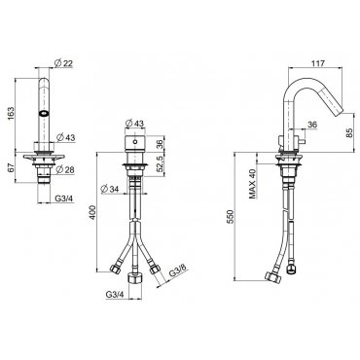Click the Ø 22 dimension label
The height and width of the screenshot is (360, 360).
pos(64,64)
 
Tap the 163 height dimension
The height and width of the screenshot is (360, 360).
pos(11,114)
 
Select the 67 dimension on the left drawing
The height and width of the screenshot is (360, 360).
pos(11,167)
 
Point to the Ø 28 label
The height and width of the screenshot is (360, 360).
pos(65,169)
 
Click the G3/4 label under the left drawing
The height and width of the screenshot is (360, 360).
pos(63,198)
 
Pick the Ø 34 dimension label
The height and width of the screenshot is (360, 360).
pos(110,189)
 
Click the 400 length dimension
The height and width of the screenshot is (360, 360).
pos(92,212)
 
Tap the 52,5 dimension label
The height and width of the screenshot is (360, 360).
pos(160,164)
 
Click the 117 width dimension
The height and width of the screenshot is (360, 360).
pos(318,63)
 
